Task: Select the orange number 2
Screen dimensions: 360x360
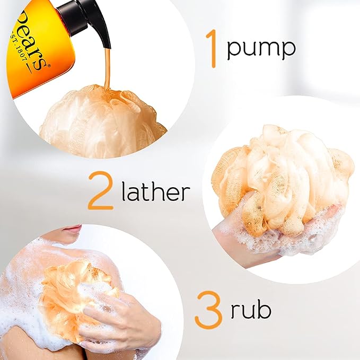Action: click(101, 190)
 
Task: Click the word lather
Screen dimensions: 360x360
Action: click(156, 191)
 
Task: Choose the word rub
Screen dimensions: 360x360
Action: click(251, 309)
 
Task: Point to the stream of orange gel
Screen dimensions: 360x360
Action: click(107, 69)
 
